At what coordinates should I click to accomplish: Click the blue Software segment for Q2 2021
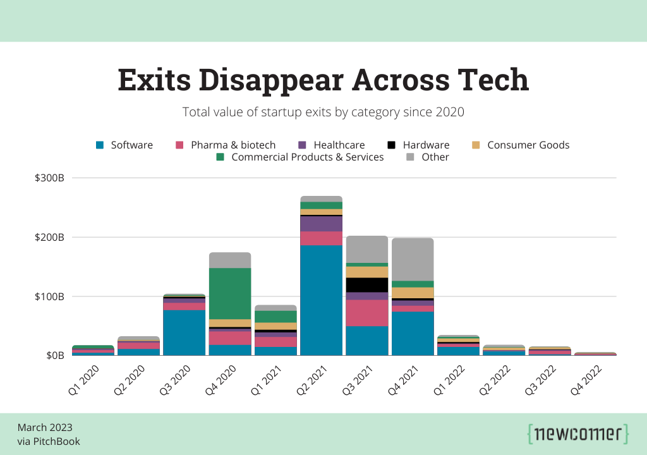[x=321, y=300]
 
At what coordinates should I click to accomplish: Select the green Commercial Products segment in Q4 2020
[x=230, y=293]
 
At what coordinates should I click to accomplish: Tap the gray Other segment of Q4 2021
[x=413, y=259]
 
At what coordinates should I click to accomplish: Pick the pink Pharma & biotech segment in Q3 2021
[x=367, y=313]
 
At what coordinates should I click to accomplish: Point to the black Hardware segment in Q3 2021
[x=367, y=285]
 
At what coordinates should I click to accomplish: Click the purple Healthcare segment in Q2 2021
[x=321, y=224]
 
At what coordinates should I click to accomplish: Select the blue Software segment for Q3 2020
[x=184, y=332]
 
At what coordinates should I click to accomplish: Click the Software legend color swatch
[x=100, y=145]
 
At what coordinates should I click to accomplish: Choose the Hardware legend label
[x=426, y=145]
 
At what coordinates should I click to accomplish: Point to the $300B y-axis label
[x=50, y=178]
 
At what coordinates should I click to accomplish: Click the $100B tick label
[x=50, y=296]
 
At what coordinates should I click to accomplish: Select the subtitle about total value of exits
[x=323, y=112]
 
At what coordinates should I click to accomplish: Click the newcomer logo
[x=577, y=434]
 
